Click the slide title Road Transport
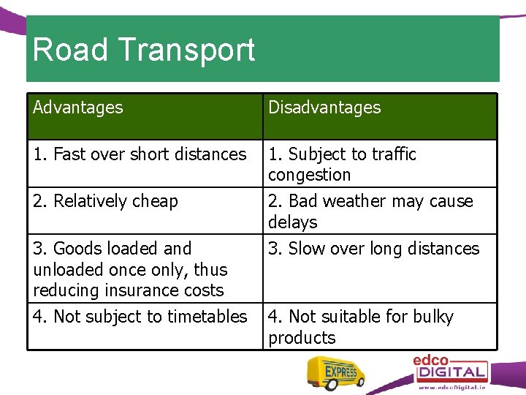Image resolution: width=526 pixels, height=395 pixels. pos(144,50)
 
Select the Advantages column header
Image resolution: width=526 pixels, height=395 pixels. pos(78,108)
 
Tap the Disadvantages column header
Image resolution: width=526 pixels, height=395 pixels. pos(324,108)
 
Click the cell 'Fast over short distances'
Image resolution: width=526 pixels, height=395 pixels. pos(140,154)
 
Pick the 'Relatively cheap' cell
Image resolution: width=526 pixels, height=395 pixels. pos(105,201)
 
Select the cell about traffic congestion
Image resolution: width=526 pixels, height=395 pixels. pos(342,165)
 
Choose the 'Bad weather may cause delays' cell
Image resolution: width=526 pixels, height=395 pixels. pos(370,211)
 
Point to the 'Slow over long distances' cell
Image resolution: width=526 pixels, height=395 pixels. pos(373,249)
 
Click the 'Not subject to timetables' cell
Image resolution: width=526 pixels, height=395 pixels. pos(140,317)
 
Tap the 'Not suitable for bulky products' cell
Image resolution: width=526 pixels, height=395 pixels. pos(361,327)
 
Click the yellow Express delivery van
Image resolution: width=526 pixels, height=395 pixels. pos(335,374)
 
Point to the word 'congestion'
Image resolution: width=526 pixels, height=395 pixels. pos(309,176)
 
